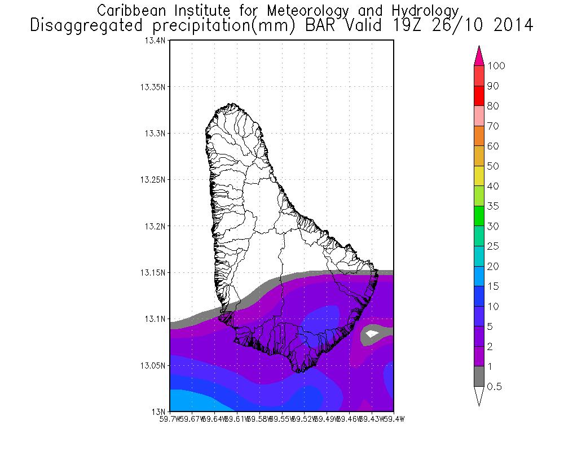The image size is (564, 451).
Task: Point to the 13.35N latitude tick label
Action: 153,87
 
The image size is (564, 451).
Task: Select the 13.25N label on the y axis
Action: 153,180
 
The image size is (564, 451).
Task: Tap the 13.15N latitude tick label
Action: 153,272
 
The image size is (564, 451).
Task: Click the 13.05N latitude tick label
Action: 153,365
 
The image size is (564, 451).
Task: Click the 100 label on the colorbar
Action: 497,66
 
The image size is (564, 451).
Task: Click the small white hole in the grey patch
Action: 371,334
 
